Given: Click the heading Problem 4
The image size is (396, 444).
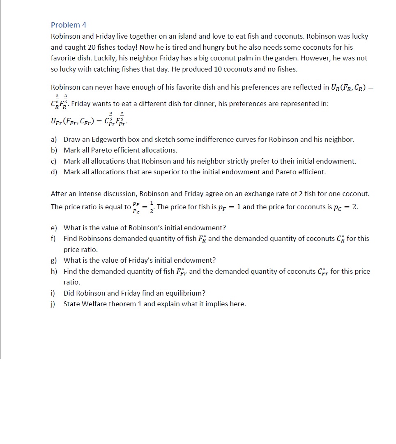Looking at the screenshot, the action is tap(69, 25).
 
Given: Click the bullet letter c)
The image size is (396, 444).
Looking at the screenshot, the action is tap(54, 161).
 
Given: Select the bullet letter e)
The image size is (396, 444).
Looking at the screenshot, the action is tap(54, 228).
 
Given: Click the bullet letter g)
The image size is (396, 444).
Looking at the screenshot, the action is tap(54, 260).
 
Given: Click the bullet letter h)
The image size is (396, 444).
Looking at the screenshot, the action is tap(54, 271).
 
